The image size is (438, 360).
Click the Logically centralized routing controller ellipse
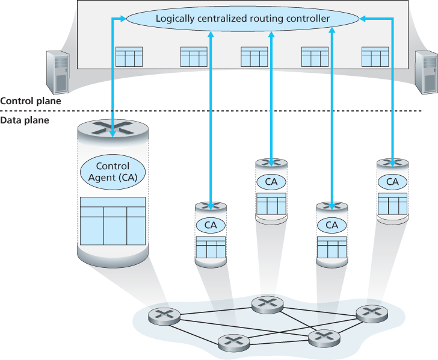[242, 19]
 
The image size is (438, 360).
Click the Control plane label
[31, 101]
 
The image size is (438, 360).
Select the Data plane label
[25, 120]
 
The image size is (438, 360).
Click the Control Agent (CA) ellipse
[113, 170]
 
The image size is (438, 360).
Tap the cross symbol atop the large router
[113, 128]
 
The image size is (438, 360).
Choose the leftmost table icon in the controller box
[129, 57]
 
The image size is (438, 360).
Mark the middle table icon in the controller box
[254, 57]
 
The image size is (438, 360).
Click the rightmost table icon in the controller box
[375, 57]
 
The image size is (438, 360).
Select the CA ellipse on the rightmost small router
[392, 181]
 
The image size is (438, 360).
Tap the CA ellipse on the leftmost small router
[211, 225]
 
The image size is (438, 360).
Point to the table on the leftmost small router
[211, 247]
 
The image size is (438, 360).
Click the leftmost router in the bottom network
[164, 315]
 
